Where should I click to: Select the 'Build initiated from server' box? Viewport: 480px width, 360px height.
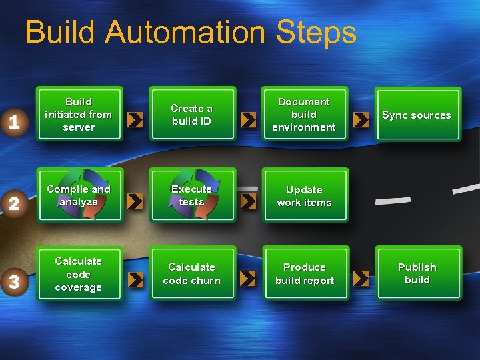(79, 115)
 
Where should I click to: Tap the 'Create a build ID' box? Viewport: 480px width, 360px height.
(192, 115)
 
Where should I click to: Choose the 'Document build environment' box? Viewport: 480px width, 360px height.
(304, 115)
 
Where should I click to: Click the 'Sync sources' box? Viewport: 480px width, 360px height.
(417, 115)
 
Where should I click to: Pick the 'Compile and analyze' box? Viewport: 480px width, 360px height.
(79, 195)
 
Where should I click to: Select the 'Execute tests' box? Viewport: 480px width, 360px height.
(192, 195)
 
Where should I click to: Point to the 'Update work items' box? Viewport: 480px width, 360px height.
(304, 195)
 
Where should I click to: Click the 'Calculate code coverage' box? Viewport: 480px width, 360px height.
(79, 274)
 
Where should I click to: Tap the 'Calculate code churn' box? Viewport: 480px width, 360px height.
(192, 274)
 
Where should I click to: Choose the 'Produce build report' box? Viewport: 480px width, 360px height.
(304, 274)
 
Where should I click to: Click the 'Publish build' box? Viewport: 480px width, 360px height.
(417, 274)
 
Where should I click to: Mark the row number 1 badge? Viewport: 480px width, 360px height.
(14, 122)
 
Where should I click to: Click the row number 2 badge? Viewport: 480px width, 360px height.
(14, 203)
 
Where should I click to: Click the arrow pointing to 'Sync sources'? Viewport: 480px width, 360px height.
(361, 120)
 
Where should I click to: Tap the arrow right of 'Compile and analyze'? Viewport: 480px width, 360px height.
(135, 201)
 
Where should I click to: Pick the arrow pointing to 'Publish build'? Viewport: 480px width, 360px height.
(361, 279)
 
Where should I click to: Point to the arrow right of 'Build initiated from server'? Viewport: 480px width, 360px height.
(135, 120)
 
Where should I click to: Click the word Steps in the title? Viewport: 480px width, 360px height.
(317, 33)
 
